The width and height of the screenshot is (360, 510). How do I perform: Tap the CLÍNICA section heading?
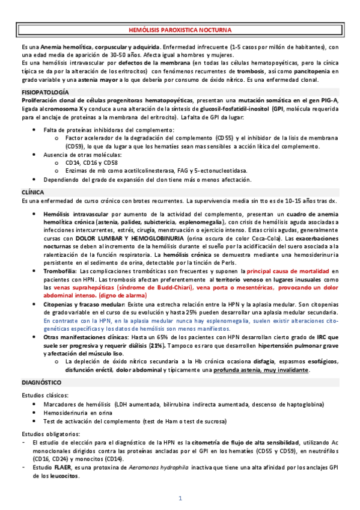click(32, 192)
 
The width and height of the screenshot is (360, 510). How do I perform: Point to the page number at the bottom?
click(180, 498)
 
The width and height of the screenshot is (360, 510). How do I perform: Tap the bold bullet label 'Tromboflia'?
click(58, 271)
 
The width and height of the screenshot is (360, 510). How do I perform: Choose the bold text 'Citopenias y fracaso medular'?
click(83, 304)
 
